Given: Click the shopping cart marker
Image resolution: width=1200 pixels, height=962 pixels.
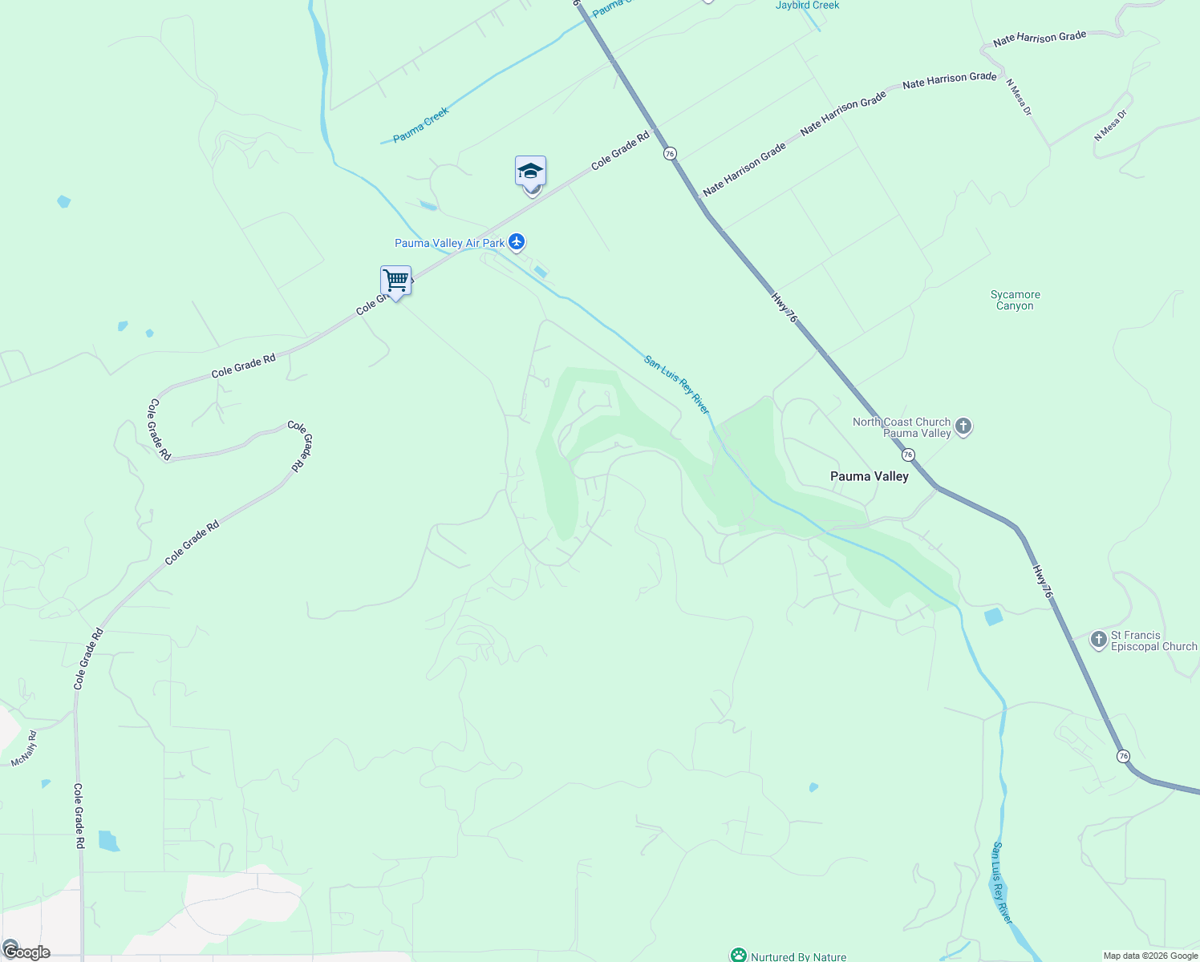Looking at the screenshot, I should point(395,281).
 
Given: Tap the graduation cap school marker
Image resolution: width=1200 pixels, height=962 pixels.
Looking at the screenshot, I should point(530,172).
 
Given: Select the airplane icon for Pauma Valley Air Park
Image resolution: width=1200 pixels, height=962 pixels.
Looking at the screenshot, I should point(517,241).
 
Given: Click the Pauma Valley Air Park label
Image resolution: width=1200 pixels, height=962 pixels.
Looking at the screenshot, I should point(450,243).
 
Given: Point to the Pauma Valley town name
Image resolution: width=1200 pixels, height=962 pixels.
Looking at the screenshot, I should point(870,476).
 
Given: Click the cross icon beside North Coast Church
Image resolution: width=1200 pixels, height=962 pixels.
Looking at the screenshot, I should point(964,426).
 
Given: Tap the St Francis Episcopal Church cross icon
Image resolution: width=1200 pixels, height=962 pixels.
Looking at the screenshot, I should point(1099,640).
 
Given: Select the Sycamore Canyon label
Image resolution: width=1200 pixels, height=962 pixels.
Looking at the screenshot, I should point(1015,300).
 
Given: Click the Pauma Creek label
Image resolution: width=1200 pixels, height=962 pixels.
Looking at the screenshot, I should point(421,125).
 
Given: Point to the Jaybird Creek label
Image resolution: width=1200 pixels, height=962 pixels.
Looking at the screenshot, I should point(807,6).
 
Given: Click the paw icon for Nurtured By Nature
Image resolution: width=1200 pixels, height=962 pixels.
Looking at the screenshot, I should point(738,956).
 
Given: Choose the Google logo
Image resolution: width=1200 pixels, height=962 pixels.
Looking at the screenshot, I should point(26,952).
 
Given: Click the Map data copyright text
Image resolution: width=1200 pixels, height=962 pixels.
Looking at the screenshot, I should point(1150,956).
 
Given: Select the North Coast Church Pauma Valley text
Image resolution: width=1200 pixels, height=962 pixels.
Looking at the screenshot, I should point(902,427).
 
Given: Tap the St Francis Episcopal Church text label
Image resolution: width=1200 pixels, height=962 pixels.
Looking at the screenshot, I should point(1153,641).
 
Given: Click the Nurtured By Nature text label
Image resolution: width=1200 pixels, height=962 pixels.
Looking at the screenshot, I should point(798,956).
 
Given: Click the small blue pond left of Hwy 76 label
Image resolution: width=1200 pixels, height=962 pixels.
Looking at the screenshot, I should point(993,616).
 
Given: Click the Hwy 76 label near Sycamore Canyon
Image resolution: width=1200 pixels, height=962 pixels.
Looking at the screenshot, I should point(784,308).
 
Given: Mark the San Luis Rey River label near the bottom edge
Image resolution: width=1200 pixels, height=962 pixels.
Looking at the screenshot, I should point(1002,882).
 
